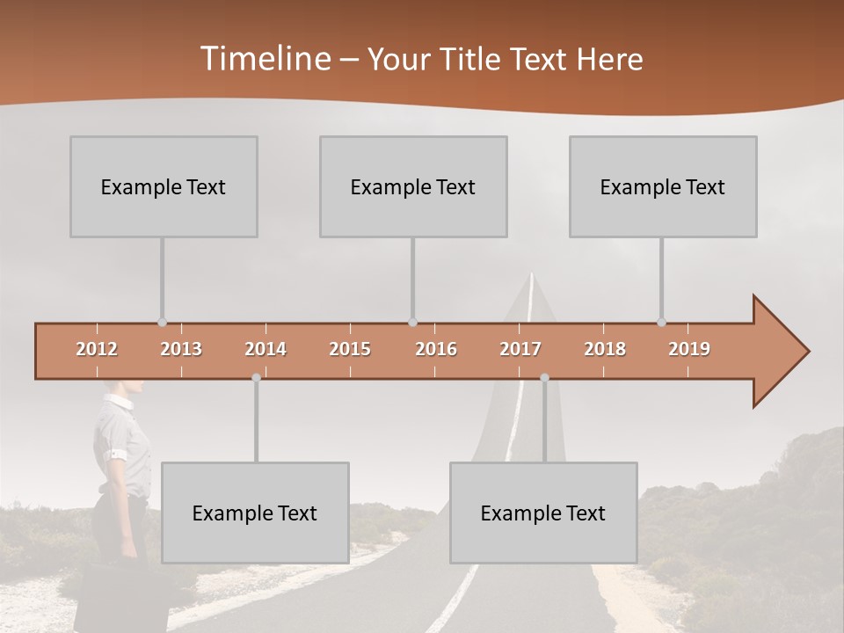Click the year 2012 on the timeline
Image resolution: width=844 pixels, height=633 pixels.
pos(97,349)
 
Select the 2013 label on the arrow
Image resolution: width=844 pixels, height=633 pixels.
pos(181,349)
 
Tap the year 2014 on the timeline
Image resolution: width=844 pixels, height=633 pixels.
pos(266,349)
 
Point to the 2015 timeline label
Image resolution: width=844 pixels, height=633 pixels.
pos(350,349)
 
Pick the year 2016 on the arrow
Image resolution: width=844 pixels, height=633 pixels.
pos(436,349)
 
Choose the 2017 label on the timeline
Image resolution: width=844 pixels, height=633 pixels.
pos(520,349)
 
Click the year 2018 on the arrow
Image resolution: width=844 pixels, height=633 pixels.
pos(605,349)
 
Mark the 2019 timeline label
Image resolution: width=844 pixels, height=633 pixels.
pos(689,349)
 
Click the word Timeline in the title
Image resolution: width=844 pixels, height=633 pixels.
pos(265,59)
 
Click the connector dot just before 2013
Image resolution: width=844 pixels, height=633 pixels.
pos(162,323)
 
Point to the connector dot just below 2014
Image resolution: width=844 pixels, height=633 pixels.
pos(256,377)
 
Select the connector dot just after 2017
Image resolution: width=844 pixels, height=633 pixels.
pos(544,377)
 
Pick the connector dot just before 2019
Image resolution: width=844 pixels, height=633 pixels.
pos(661,323)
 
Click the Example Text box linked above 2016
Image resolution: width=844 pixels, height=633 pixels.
pos(413,186)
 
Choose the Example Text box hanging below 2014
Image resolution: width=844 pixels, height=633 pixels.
pos(255,513)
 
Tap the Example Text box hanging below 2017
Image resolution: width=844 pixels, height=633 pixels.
pos(543,513)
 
